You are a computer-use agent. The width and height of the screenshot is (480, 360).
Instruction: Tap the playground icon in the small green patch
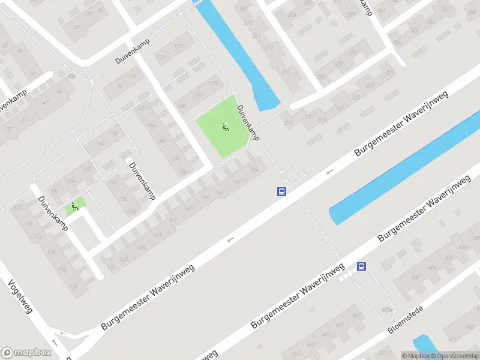(x=74, y=208)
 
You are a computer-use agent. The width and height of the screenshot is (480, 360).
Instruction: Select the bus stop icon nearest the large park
(x=281, y=192)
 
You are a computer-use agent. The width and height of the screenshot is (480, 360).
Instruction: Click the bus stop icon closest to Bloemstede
(x=362, y=266)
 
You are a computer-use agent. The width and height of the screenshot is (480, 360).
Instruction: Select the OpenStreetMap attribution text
(x=455, y=356)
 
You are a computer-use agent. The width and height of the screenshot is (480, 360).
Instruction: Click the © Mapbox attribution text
(x=415, y=356)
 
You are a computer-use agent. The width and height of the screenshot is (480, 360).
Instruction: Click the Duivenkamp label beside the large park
(x=247, y=123)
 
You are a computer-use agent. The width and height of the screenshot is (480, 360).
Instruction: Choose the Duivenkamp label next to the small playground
(x=53, y=213)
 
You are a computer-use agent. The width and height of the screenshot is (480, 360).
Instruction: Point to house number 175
(x=177, y=47)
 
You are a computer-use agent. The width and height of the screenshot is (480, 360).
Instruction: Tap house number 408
(x=414, y=277)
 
